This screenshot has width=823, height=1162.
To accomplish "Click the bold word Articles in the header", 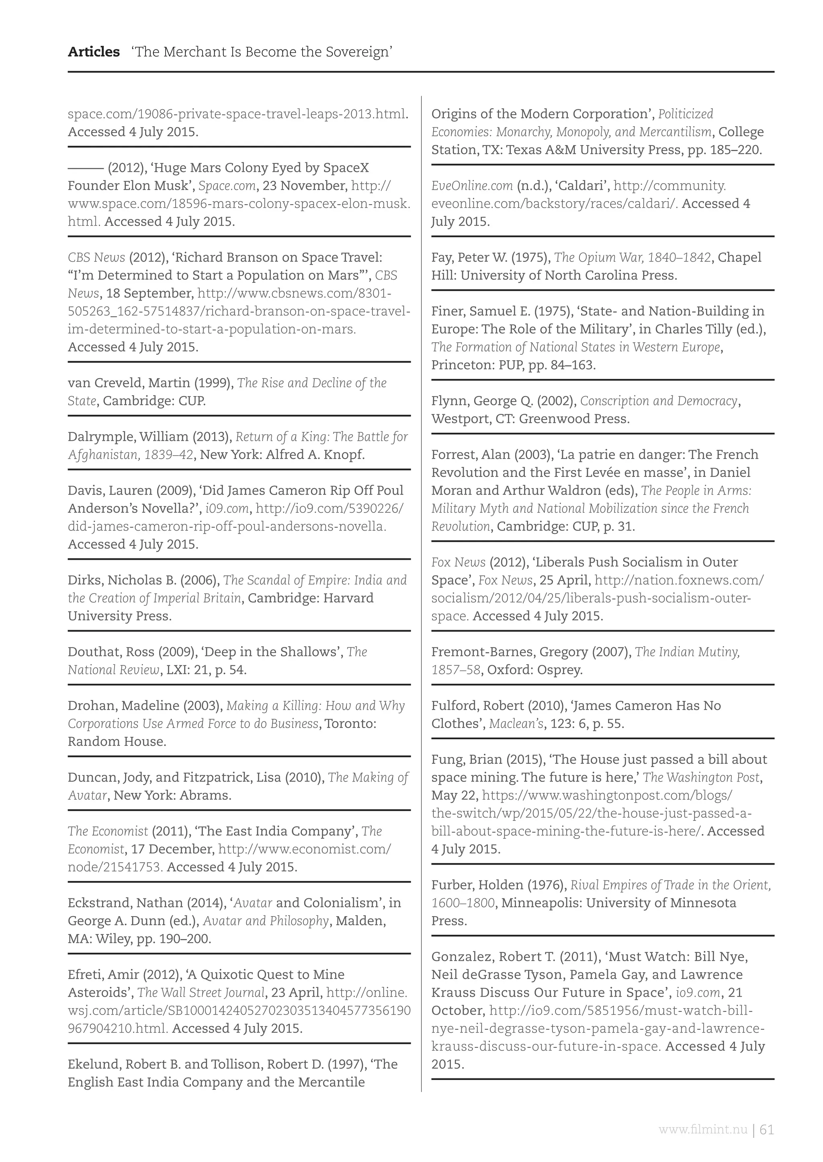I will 94,52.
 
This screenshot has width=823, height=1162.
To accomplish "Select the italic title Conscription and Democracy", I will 658,401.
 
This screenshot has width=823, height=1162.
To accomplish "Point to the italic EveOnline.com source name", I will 472,186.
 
